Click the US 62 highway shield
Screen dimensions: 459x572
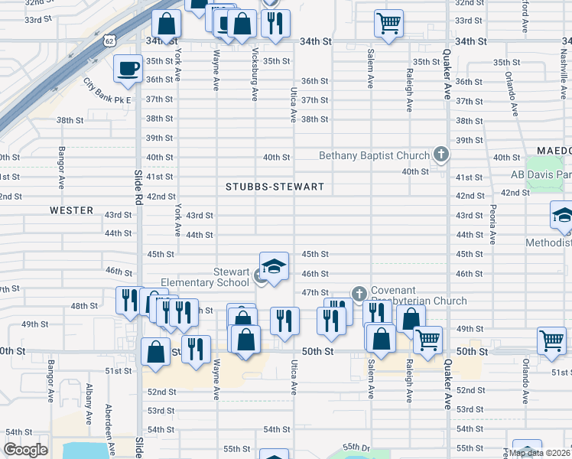point(109,38)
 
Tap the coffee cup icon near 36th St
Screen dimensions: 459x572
point(128,68)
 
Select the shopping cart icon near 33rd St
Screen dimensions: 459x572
point(388,23)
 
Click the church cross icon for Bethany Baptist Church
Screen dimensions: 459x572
point(440,155)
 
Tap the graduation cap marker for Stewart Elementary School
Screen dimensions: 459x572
point(274,266)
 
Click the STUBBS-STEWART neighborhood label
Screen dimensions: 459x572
point(275,187)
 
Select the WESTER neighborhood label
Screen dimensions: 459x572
point(71,210)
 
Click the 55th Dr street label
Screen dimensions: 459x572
point(356,447)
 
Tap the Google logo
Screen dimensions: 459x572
point(26,450)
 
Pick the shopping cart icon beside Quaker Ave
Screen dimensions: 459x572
point(427,339)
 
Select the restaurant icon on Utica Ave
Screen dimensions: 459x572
point(284,321)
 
